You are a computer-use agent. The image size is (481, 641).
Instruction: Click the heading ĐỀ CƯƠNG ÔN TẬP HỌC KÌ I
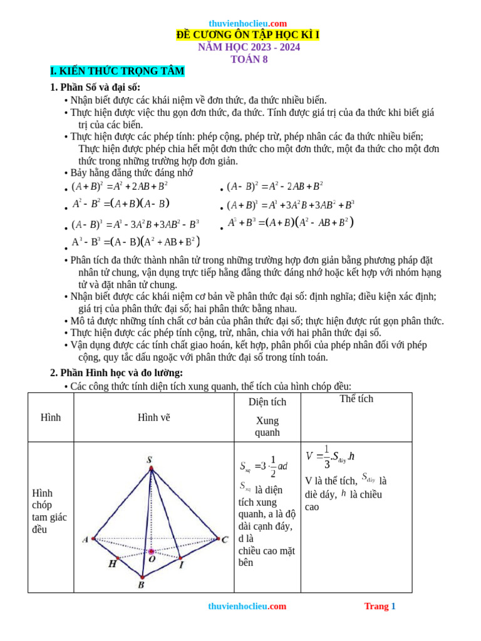click(248, 35)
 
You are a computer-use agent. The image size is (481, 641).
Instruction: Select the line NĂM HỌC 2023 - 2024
click(249, 47)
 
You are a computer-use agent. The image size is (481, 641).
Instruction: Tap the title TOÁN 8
click(249, 59)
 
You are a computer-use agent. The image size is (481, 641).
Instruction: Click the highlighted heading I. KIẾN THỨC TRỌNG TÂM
click(117, 71)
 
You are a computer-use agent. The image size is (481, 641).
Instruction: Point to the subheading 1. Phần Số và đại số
click(95, 87)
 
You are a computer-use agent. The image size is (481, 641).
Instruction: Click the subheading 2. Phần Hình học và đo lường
click(116, 373)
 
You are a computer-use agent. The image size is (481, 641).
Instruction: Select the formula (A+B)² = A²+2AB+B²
click(120, 186)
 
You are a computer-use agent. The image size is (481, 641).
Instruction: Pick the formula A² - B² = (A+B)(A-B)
click(121, 203)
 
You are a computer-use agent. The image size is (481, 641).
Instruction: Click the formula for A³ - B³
click(135, 242)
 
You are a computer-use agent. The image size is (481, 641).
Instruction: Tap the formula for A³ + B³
click(291, 223)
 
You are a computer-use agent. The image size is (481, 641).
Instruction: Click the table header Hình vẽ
click(153, 418)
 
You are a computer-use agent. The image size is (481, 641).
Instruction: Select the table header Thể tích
click(356, 399)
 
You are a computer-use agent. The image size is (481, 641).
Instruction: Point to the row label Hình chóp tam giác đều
click(49, 511)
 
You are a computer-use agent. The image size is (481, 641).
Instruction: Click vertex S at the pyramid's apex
click(150, 460)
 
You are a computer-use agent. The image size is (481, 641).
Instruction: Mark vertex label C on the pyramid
click(224, 540)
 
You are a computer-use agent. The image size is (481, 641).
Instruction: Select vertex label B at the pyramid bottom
click(141, 585)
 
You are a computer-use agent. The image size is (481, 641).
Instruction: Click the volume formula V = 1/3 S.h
click(331, 458)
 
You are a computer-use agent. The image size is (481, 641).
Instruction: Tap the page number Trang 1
click(380, 606)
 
